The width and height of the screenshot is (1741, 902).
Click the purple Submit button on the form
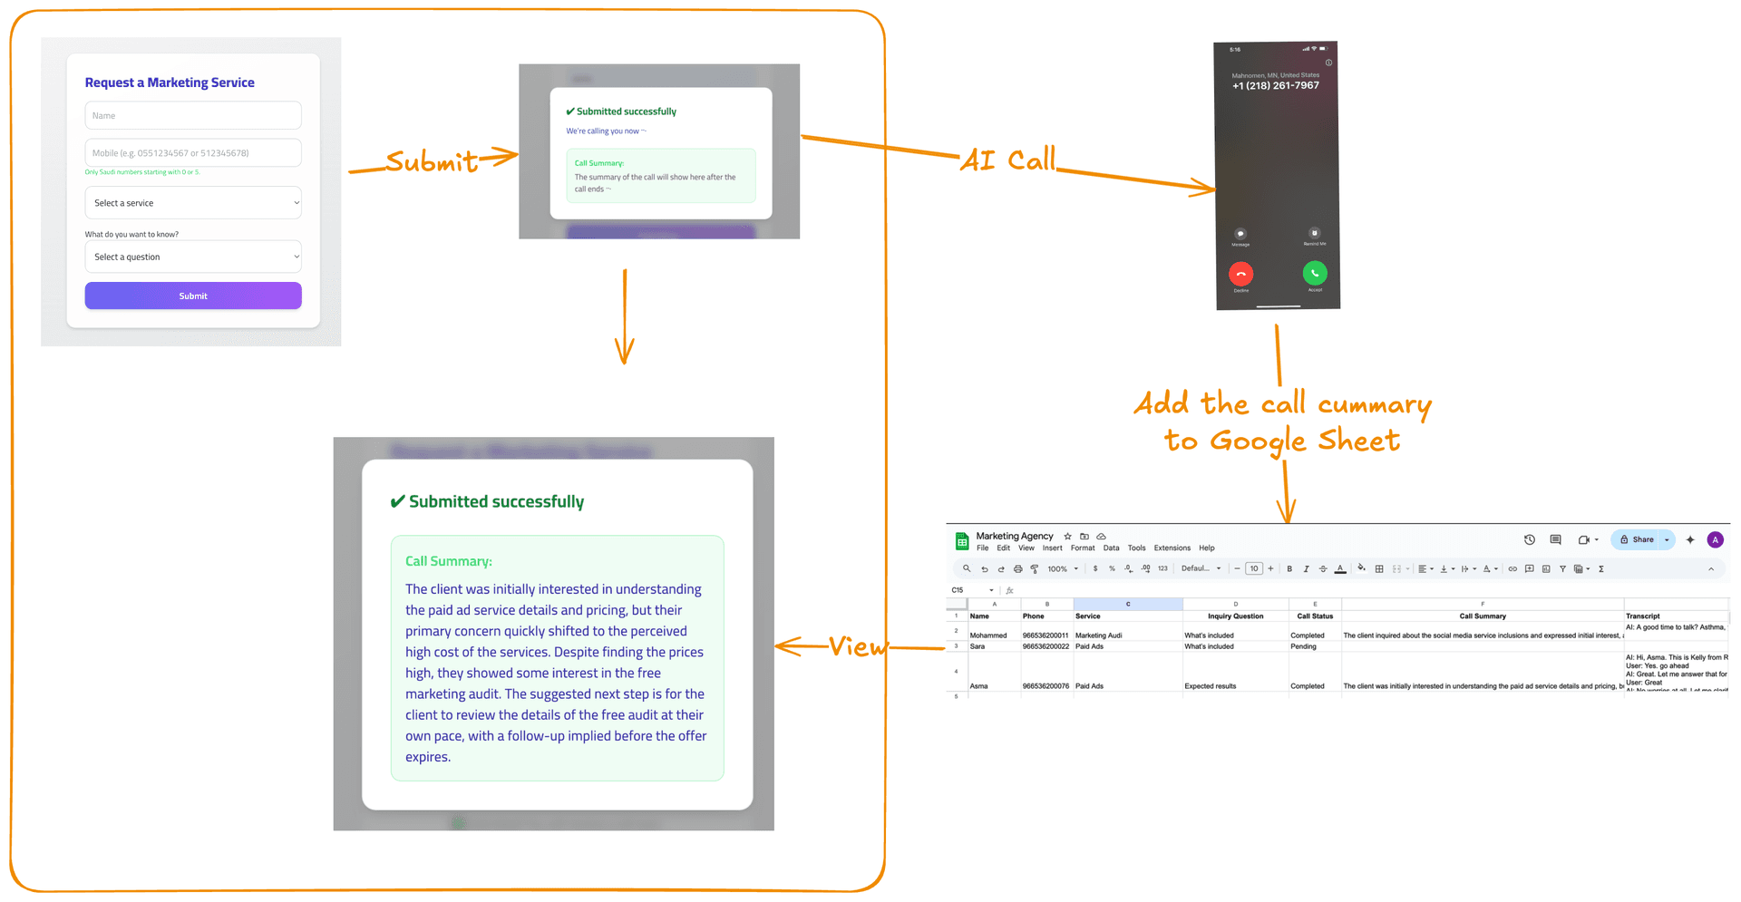pyautogui.click(x=192, y=296)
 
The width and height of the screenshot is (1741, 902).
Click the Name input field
pyautogui.click(x=192, y=115)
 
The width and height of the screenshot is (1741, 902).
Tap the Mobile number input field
pyautogui.click(x=192, y=152)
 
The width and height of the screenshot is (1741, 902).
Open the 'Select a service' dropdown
pyautogui.click(x=192, y=203)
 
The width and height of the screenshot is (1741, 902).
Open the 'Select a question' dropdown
pyautogui.click(x=192, y=257)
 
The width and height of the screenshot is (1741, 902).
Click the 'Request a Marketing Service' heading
pyautogui.click(x=170, y=82)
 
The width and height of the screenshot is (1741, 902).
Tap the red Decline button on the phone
pyautogui.click(x=1240, y=273)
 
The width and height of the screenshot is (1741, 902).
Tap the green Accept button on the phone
pyautogui.click(x=1314, y=272)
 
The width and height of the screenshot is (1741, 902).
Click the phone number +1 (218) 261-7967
pyautogui.click(x=1275, y=86)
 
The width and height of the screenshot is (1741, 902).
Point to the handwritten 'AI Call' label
pyautogui.click(x=1007, y=160)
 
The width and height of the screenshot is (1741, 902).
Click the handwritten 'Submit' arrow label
pyautogui.click(x=432, y=161)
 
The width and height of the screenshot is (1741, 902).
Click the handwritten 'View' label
pyautogui.click(x=857, y=646)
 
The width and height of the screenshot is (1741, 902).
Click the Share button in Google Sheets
pyautogui.click(x=1638, y=539)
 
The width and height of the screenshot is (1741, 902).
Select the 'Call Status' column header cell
pyautogui.click(x=1315, y=616)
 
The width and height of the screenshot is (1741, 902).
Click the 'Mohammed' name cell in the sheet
pyautogui.click(x=988, y=635)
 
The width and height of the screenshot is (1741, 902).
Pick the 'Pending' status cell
pyautogui.click(x=1303, y=646)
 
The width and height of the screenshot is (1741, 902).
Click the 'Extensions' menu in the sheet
pyautogui.click(x=1172, y=548)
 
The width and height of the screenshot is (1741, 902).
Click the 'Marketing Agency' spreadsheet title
pyautogui.click(x=1014, y=536)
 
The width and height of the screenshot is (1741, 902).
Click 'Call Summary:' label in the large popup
pyautogui.click(x=448, y=561)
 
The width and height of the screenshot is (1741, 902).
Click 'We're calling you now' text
pyautogui.click(x=605, y=131)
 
